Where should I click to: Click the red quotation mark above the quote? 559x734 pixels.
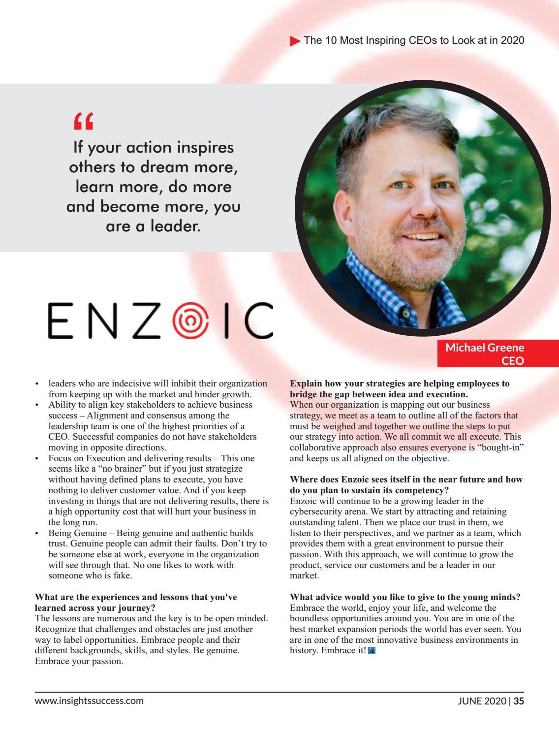(x=83, y=121)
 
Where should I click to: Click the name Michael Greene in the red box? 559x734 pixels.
(x=484, y=348)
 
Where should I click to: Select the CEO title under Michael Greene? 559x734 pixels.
(x=512, y=360)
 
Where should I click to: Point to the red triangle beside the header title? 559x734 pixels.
(x=295, y=41)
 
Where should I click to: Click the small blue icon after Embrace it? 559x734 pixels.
(x=372, y=651)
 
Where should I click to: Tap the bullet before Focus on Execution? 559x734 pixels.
(x=37, y=458)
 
